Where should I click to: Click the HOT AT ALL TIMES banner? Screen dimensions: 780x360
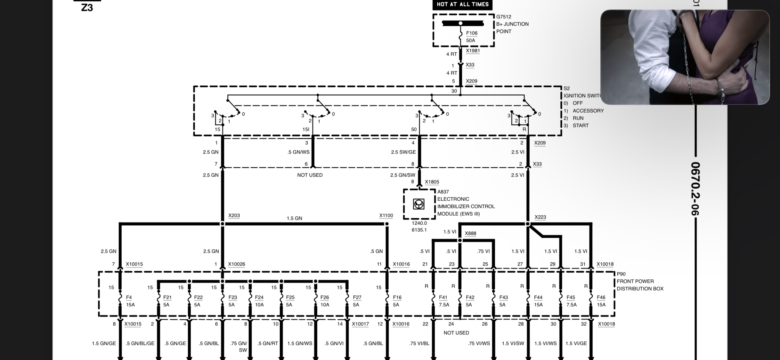point(462,4)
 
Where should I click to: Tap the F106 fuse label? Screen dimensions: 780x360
point(472,33)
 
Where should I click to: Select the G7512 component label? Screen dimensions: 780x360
point(504,17)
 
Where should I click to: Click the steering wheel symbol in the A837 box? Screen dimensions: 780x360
point(419,204)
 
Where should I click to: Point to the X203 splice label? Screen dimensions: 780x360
point(234,215)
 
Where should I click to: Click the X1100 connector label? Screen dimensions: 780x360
point(386,215)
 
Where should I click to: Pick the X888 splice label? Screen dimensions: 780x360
point(470,233)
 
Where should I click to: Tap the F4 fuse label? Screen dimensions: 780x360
point(129,297)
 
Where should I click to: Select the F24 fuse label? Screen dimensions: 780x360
point(259,297)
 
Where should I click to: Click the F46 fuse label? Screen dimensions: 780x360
point(601,297)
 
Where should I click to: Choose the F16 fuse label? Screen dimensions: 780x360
point(397,297)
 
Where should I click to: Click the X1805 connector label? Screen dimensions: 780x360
point(432,182)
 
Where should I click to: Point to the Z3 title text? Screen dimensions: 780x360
point(87,7)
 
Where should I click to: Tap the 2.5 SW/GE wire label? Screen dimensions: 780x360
point(403,152)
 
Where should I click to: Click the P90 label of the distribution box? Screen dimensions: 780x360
point(621,274)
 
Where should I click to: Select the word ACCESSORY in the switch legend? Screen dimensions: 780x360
point(588,111)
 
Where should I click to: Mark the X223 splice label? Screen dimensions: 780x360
point(540,217)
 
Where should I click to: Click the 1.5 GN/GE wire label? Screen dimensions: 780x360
point(104,343)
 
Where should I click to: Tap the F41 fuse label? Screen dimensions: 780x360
point(443,297)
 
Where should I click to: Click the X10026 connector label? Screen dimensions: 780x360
point(236,264)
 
